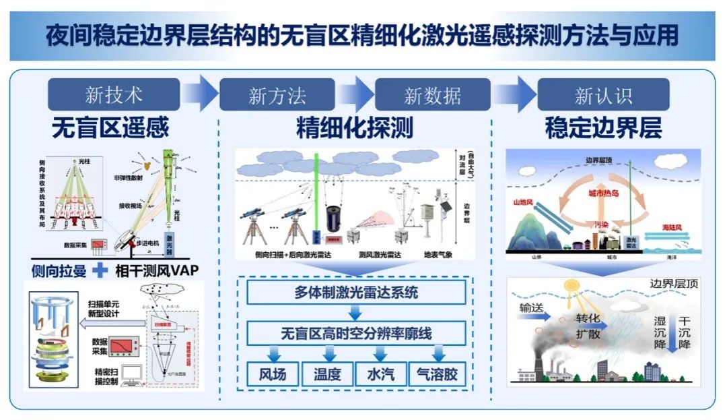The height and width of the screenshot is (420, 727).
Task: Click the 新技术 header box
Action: coord(114,95)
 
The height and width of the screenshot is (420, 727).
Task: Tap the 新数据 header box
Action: coord(432,95)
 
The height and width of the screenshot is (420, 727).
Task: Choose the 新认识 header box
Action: coord(603,95)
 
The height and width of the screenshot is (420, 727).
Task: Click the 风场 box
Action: coord(272,374)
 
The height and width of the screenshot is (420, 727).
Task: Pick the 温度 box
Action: coord(327,374)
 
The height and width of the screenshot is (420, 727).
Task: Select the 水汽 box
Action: coord(380,374)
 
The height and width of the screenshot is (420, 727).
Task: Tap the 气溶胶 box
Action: coord(437,374)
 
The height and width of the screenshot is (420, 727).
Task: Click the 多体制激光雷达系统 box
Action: coord(355,293)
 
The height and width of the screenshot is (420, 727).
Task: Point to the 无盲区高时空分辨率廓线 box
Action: coord(355,333)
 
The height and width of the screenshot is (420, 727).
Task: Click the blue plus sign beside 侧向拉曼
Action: coord(100,270)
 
